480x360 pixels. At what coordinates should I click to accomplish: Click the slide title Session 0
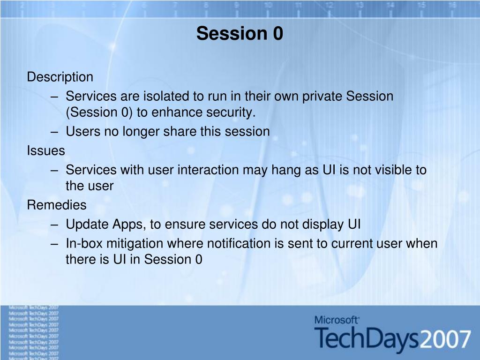click(240, 33)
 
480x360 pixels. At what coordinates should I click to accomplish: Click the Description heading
click(60, 77)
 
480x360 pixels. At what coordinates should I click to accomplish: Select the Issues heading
click(46, 150)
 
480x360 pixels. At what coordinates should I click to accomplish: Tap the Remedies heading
click(57, 205)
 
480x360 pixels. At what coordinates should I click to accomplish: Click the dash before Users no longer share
click(54, 132)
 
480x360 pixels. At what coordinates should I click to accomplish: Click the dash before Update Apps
click(54, 225)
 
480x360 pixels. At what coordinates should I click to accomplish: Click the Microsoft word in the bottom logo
click(337, 320)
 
